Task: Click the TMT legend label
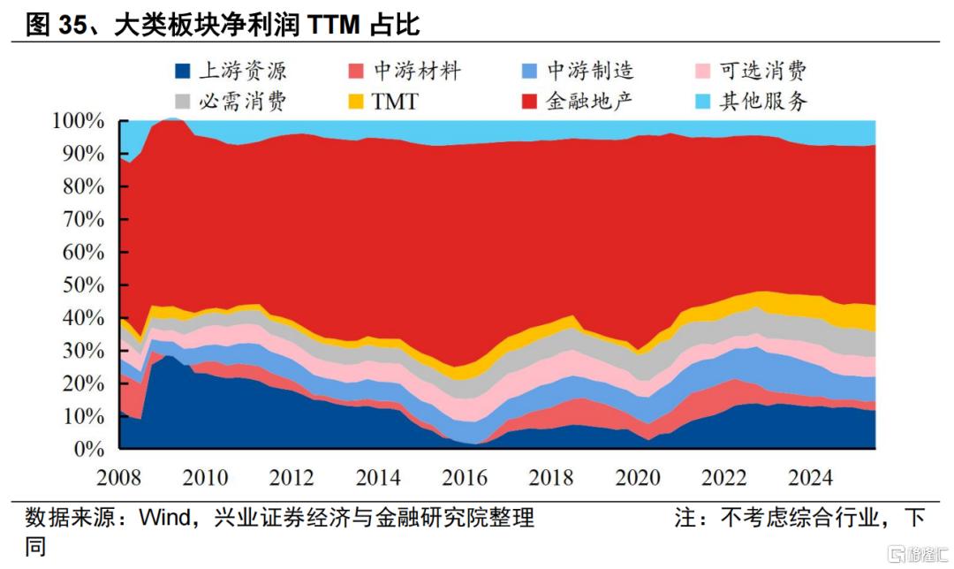pyautogui.click(x=394, y=101)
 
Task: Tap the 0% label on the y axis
pyautogui.click(x=89, y=449)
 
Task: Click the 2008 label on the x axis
pyautogui.click(x=119, y=477)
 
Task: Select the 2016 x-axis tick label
pyautogui.click(x=465, y=477)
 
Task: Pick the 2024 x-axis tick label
pyautogui.click(x=810, y=477)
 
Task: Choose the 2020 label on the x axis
pyautogui.click(x=638, y=477)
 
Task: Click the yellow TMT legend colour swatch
pyautogui.click(x=356, y=102)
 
